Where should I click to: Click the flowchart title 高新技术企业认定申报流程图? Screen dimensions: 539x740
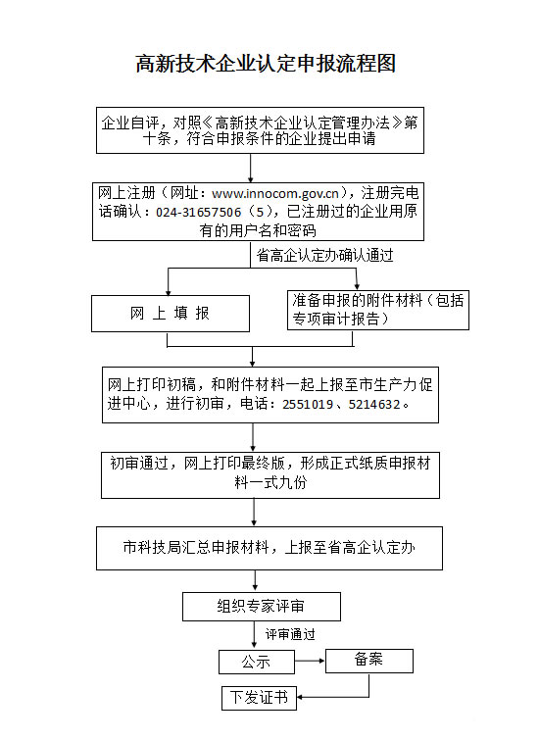[266, 64]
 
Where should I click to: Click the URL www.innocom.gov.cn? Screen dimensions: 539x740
[275, 193]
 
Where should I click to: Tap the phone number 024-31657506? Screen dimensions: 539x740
[199, 213]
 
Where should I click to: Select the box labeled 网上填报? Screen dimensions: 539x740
[171, 314]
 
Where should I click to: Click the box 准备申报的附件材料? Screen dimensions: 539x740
[378, 310]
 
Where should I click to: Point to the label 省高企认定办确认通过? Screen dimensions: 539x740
[324, 255]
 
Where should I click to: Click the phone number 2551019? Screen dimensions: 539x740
[308, 405]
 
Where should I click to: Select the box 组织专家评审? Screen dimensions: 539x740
[262, 607]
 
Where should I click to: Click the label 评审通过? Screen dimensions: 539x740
[290, 634]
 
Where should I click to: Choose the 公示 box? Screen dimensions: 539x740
[257, 662]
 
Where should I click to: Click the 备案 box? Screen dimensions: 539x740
[369, 661]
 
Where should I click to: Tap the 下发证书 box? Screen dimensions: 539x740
[259, 698]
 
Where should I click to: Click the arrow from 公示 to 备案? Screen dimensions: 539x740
[310, 661]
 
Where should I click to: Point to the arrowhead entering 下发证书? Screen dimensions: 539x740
[300, 697]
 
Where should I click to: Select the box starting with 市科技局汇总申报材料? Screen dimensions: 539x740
[269, 548]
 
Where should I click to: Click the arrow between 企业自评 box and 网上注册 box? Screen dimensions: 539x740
[250, 168]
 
